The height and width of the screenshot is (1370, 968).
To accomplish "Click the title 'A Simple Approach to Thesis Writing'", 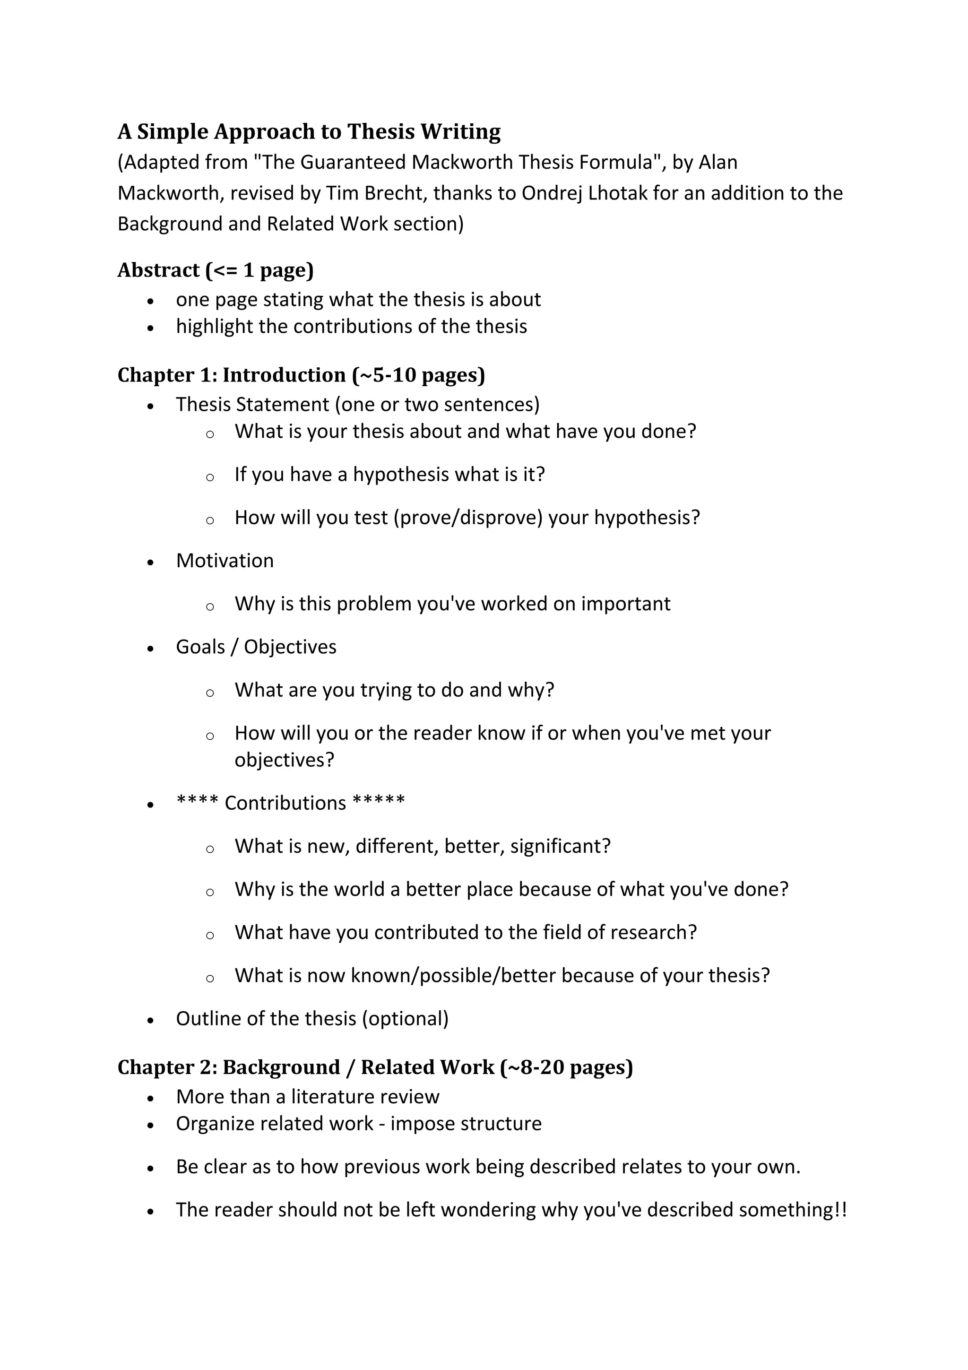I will point(309,131).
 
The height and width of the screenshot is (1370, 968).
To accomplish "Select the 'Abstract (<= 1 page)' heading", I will point(216,270).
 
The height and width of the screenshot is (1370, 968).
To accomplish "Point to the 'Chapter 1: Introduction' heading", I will point(301,375).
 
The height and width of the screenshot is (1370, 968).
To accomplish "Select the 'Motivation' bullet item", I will point(225,561).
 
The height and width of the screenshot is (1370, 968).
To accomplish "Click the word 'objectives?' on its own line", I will point(285,760).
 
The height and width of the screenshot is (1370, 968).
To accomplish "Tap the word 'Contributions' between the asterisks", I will point(285,803).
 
